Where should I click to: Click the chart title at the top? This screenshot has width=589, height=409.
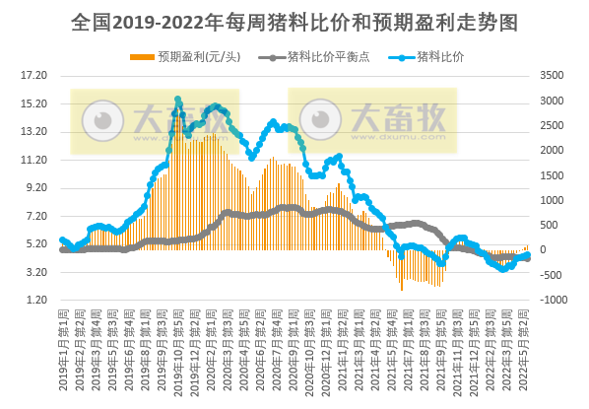[294, 21]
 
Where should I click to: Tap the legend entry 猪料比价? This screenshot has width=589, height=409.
[434, 56]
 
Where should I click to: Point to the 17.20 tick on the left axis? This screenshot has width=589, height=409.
[34, 75]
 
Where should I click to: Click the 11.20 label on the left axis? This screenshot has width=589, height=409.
[34, 160]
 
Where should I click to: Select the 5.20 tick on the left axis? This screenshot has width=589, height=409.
[34, 243]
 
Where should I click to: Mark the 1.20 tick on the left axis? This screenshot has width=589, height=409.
[34, 300]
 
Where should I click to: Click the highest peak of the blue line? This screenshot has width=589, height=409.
[178, 100]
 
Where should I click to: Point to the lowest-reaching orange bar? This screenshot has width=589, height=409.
[402, 290]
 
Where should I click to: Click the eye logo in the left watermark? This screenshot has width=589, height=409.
[101, 121]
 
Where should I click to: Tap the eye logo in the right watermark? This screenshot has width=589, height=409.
[319, 121]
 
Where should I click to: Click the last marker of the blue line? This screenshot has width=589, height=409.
[528, 255]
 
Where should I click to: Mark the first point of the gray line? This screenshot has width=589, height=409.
[62, 249]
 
